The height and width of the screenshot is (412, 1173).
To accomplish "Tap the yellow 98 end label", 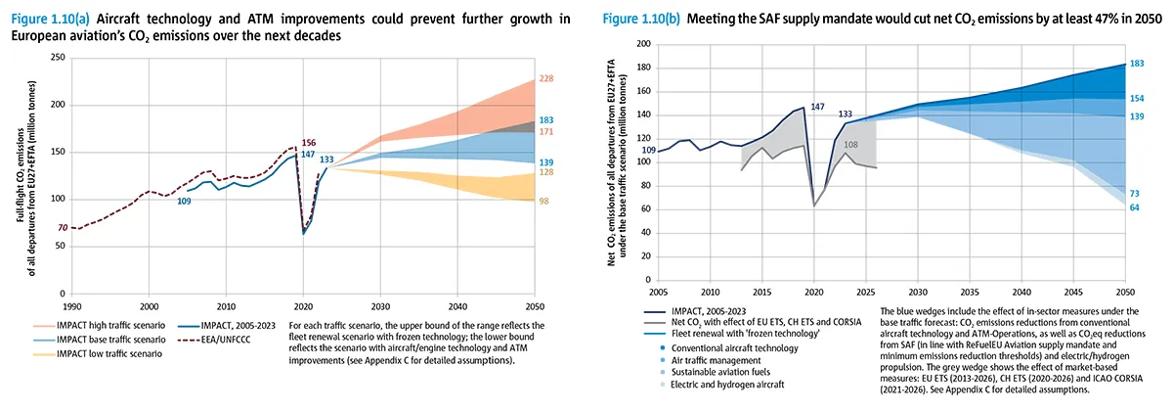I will coord(544,202).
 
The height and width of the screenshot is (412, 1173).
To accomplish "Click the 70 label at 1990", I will coord(63,228).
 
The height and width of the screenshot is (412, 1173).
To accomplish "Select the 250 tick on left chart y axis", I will coord(58,58).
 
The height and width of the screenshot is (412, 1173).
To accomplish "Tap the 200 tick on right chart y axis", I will coord(642,44).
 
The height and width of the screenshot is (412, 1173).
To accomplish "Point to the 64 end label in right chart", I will coord(1136,206).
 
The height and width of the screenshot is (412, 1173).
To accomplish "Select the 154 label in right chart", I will coord(1137,98).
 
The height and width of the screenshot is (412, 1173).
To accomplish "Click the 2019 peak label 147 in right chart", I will coord(817,106).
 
